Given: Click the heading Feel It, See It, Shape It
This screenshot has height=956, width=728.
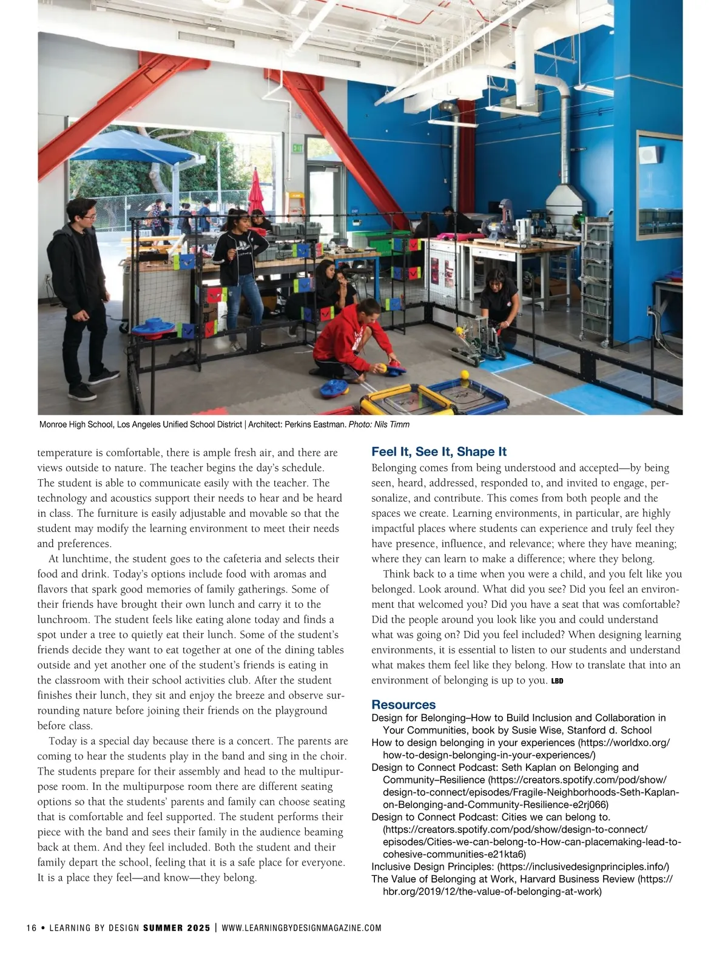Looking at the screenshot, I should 439,452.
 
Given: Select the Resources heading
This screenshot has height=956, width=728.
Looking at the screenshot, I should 403,705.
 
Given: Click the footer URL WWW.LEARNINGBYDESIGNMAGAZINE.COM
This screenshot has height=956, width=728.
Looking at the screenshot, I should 302,928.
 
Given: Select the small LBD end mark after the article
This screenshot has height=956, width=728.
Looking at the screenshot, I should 557,681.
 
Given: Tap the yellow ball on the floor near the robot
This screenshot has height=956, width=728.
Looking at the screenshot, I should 465,374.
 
